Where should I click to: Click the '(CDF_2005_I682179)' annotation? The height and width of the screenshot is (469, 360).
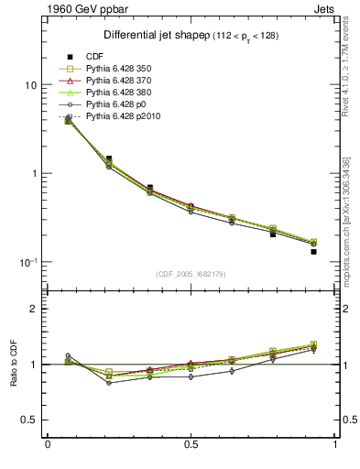pos(191,274)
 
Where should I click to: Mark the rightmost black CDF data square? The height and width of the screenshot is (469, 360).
pos(313,251)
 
